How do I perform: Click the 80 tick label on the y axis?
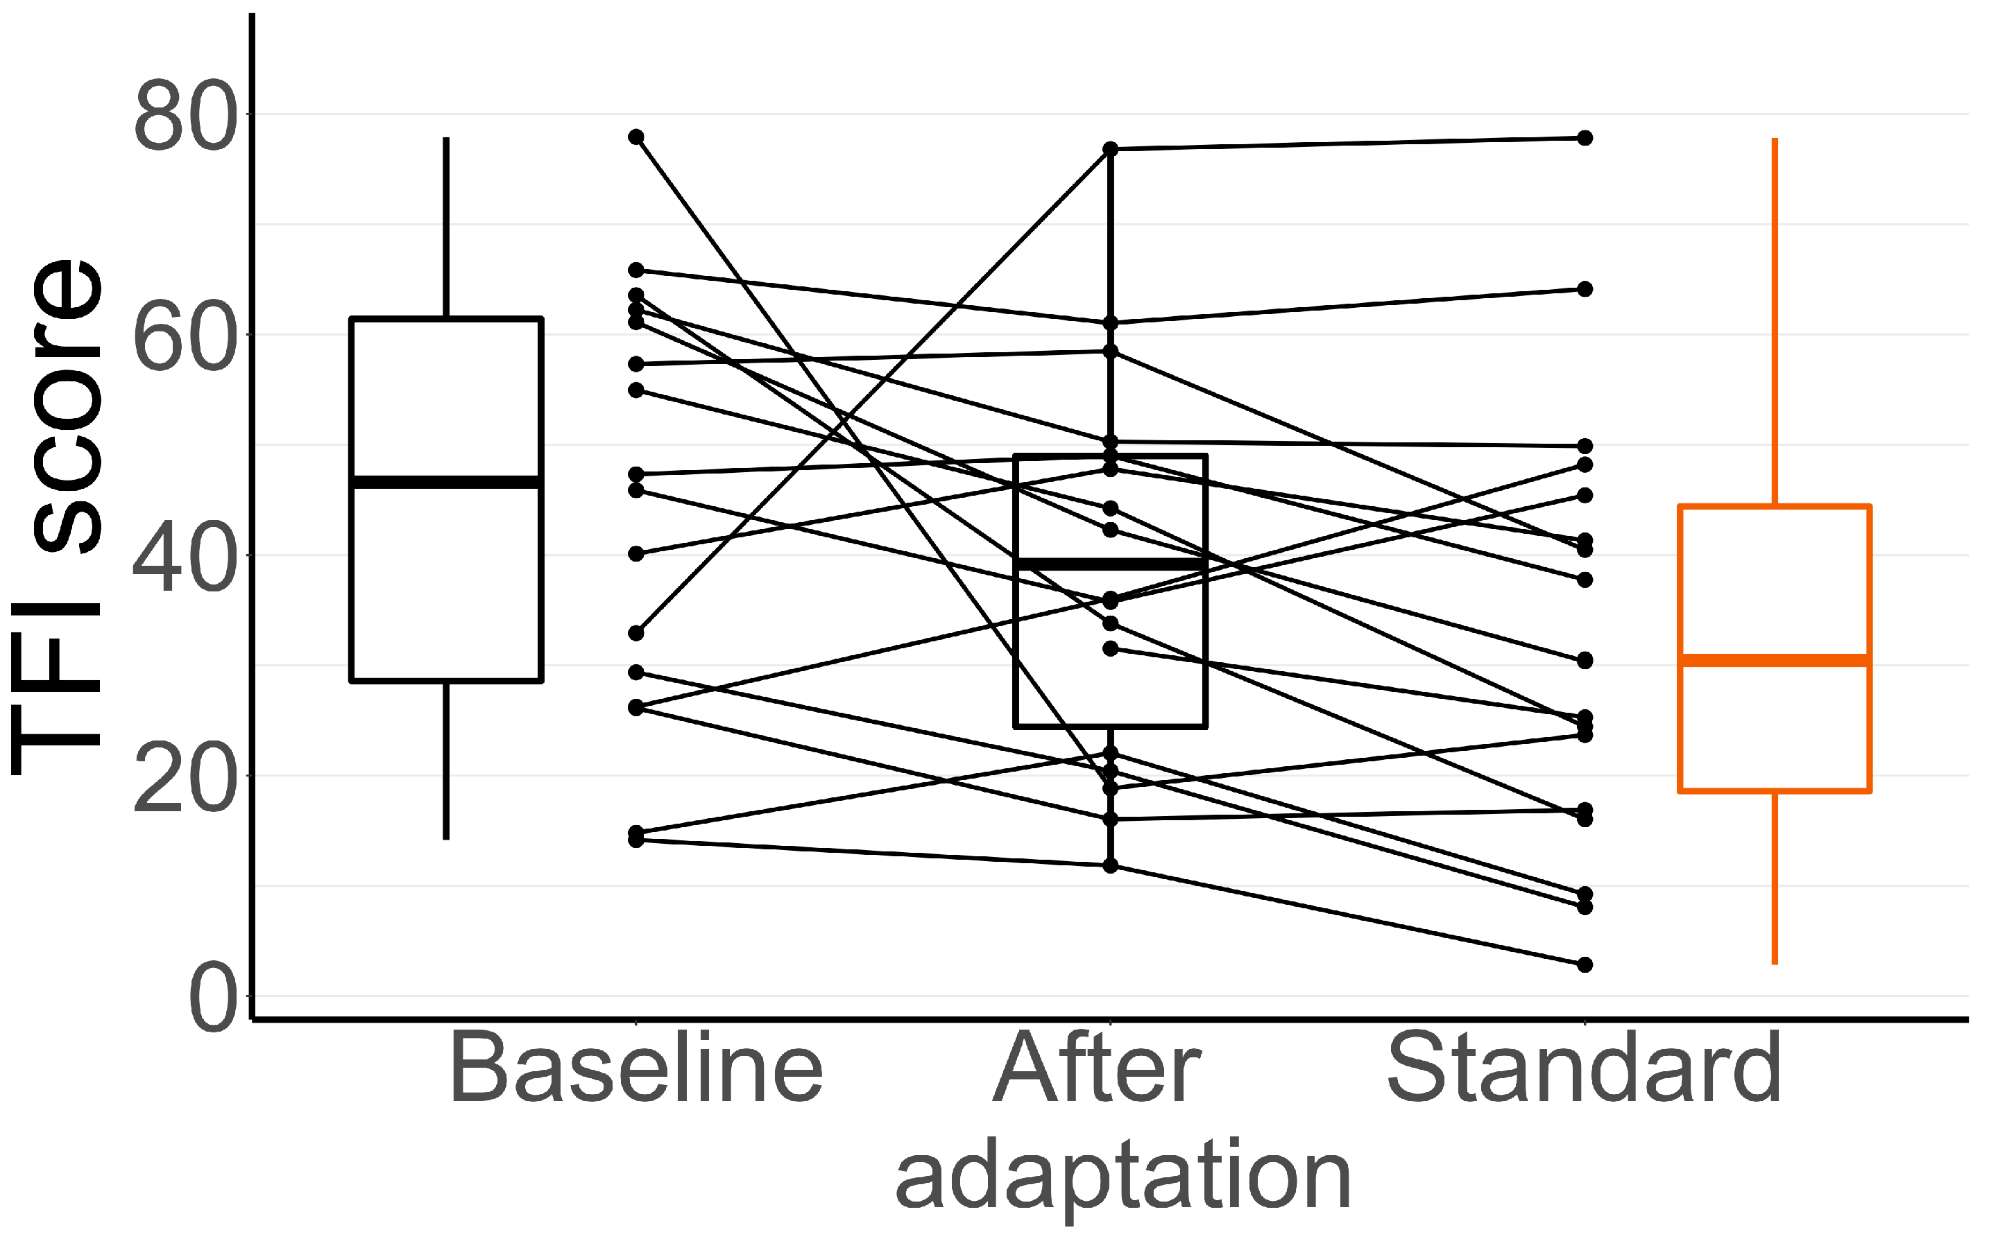[x=185, y=116]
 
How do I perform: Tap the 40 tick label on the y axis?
[x=185, y=555]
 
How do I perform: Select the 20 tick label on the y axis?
[x=185, y=776]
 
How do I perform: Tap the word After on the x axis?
[x=1096, y=1068]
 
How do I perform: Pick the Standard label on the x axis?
[x=1584, y=1068]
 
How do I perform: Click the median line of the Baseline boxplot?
[x=446, y=482]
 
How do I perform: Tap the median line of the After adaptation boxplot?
[x=1110, y=564]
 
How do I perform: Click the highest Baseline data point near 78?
[x=636, y=137]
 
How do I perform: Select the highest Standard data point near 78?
[x=1585, y=139]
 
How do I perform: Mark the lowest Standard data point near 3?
[x=1585, y=964]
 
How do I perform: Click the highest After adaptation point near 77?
[x=1110, y=149]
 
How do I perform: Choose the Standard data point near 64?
[x=1585, y=289]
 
